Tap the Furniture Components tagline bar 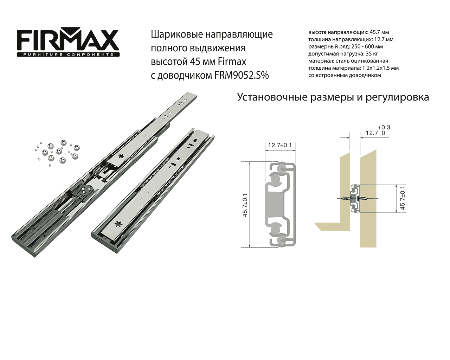[68, 54]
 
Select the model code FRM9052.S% [242, 75]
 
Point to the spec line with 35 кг [343, 54]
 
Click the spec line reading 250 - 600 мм [346, 47]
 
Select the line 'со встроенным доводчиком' [345, 75]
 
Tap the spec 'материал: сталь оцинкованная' [348, 61]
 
